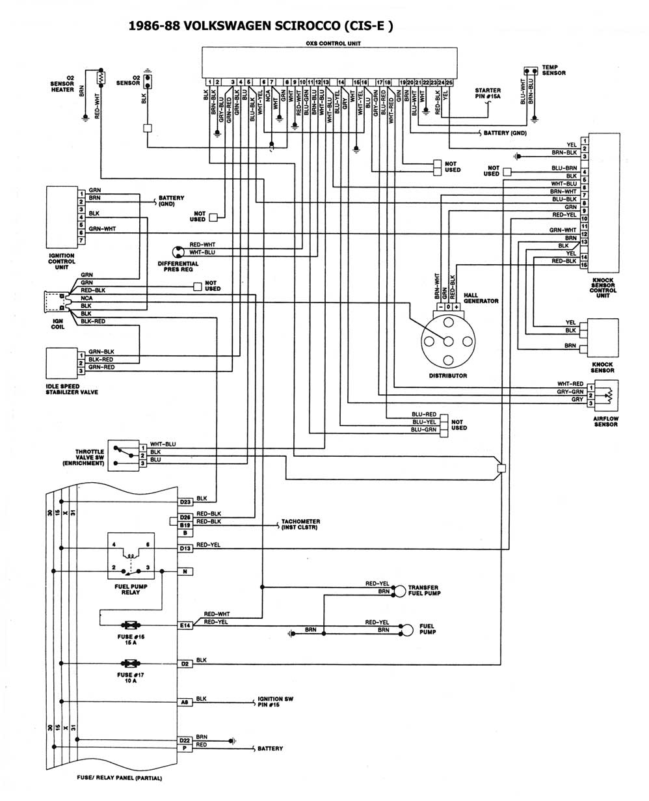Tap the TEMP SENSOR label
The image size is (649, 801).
click(553, 70)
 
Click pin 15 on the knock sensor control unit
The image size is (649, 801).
click(585, 265)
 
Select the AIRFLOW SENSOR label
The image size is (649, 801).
click(605, 421)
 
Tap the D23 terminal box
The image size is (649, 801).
click(185, 502)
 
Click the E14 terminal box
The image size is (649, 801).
click(185, 625)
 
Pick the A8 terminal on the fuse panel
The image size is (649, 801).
click(185, 702)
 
